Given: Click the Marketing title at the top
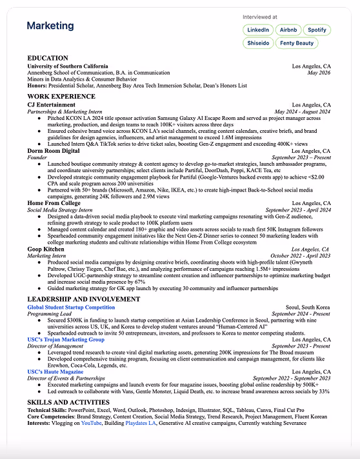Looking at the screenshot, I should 50,26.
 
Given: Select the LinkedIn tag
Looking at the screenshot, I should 258,30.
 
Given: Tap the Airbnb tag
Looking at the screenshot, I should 288,30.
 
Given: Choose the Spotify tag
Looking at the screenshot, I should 317,30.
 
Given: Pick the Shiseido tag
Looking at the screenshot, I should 258,43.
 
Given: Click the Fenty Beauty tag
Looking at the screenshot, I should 297,43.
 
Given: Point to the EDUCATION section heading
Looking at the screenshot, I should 48,59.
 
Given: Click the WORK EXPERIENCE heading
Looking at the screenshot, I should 61,97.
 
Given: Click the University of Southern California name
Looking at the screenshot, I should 68,66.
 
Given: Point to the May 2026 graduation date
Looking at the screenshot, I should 319,73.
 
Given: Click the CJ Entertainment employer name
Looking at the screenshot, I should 51,104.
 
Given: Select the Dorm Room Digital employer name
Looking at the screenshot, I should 54,150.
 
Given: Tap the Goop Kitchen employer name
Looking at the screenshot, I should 46,248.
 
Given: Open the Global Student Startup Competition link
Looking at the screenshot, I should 71,308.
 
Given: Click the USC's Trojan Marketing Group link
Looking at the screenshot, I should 66,340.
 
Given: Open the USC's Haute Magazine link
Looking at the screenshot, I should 55,372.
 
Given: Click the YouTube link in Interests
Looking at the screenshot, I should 91,424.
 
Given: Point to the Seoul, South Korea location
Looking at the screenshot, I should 309,308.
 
